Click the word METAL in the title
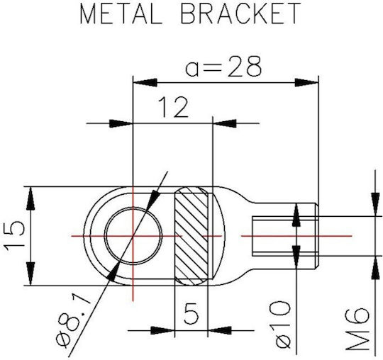[x=121, y=13]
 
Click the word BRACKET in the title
[x=241, y=13]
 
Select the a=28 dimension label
[x=223, y=66]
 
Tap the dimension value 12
[x=174, y=107]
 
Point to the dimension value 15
[x=15, y=236]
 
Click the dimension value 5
[x=191, y=313]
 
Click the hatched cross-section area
[x=191, y=236]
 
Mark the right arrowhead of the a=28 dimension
[x=306, y=82]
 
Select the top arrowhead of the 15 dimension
[x=30, y=198]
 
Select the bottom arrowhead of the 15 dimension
[x=30, y=274]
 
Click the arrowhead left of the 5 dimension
[x=163, y=330]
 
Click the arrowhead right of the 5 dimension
[x=220, y=330]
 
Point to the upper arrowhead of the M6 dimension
[x=375, y=205]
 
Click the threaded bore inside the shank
[x=285, y=236]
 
